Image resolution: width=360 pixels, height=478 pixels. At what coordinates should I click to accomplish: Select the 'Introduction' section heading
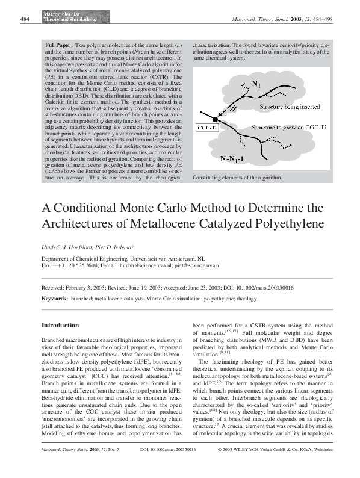(60, 325)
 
